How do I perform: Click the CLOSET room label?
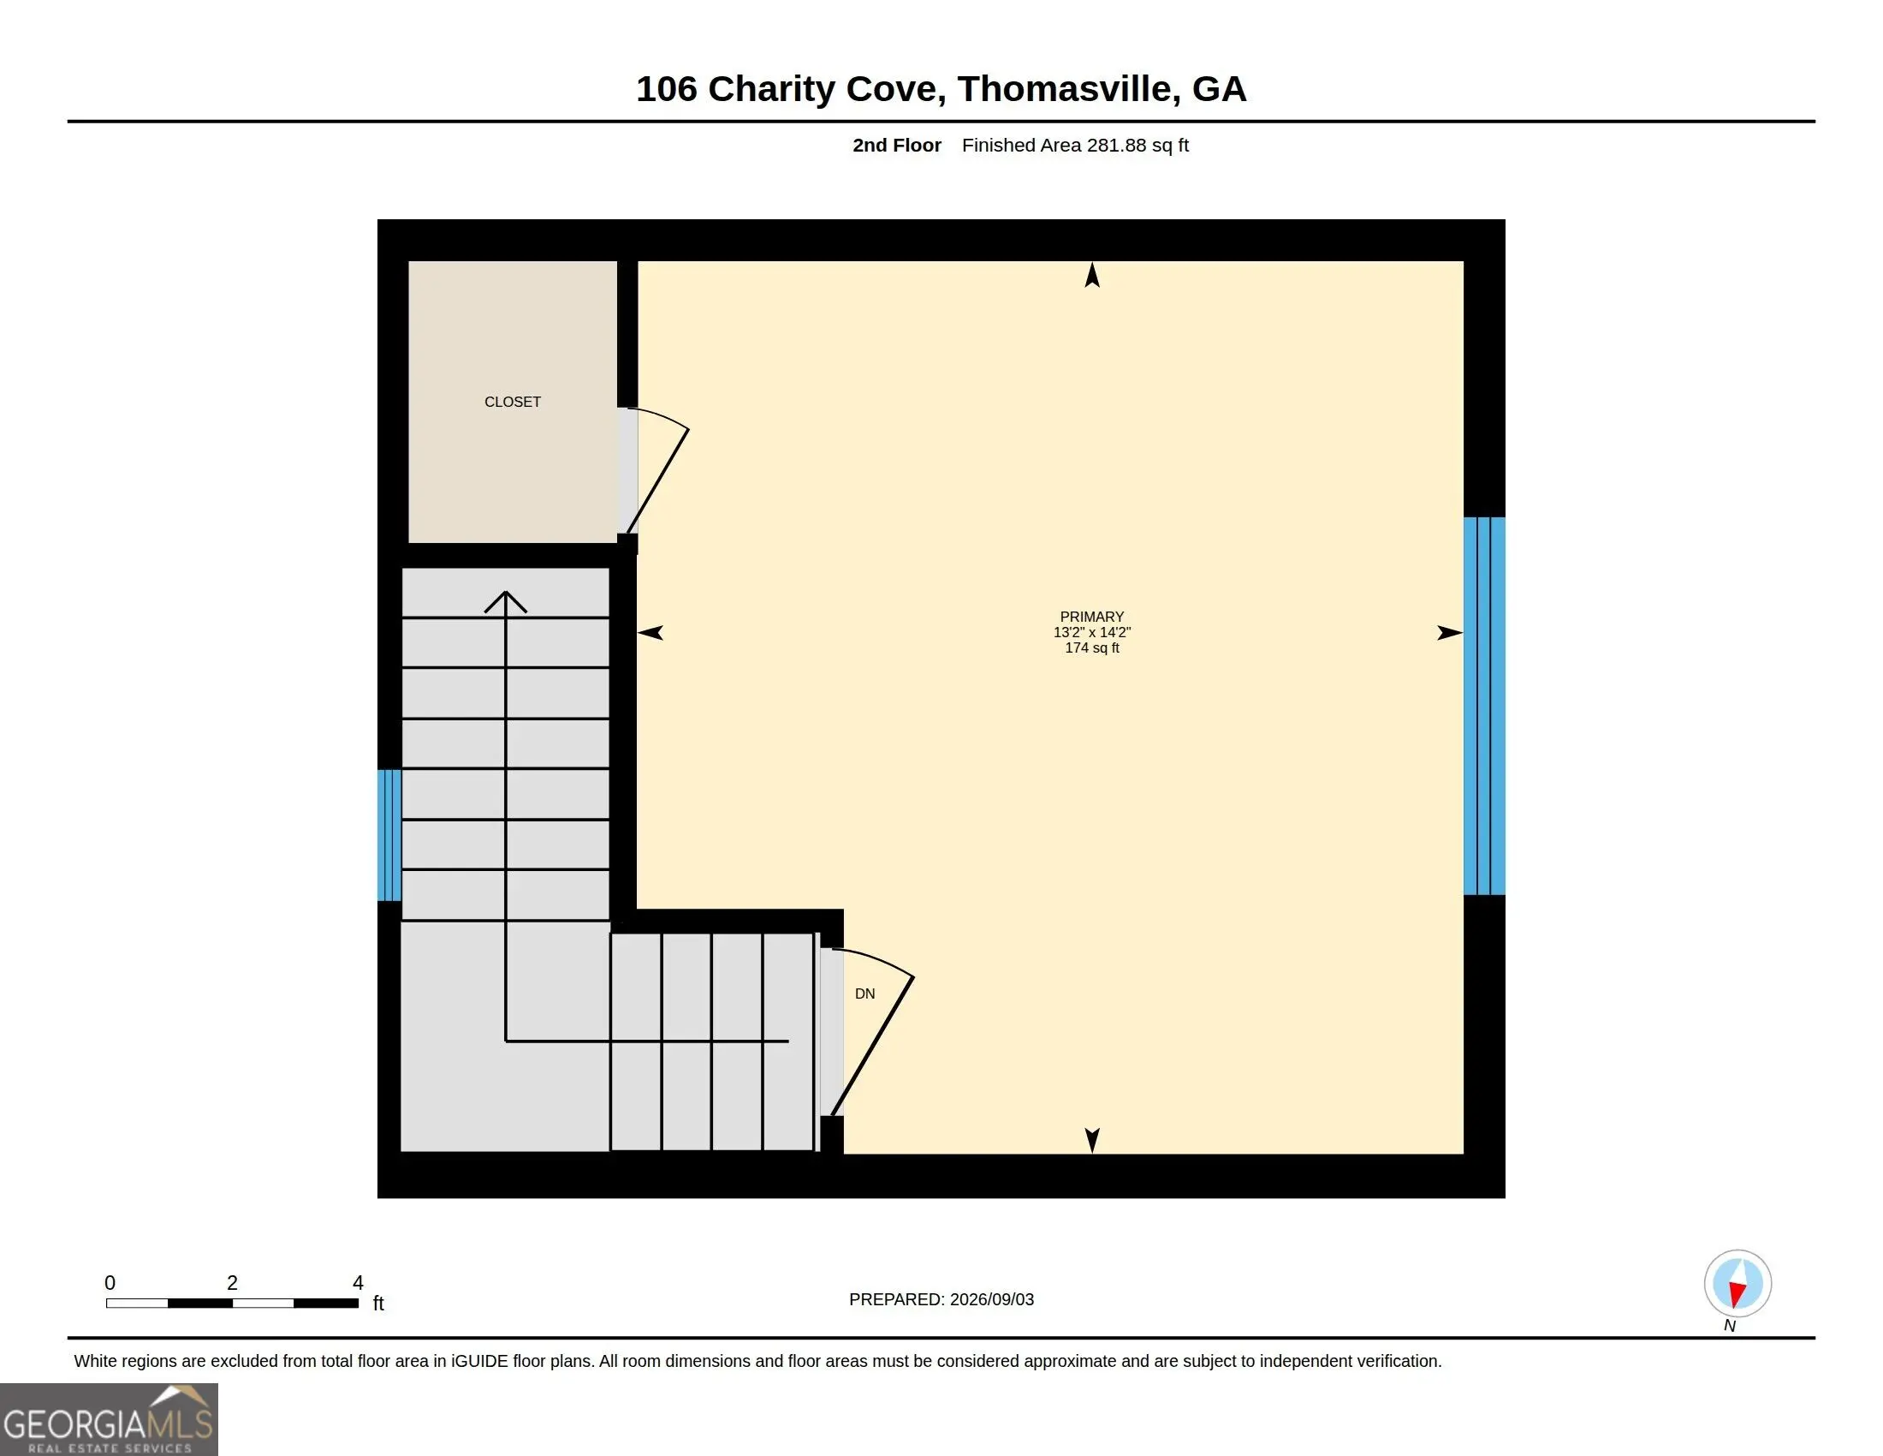pyautogui.click(x=512, y=402)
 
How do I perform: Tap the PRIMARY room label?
pyautogui.click(x=1091, y=617)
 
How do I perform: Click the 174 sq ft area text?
pyautogui.click(x=1091, y=647)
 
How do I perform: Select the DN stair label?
pyautogui.click(x=864, y=994)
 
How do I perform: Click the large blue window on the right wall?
pyautogui.click(x=1484, y=706)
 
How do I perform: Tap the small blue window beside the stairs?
pyautogui.click(x=389, y=835)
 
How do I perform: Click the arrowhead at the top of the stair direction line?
pyautogui.click(x=505, y=601)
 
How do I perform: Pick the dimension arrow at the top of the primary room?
pyautogui.click(x=1092, y=275)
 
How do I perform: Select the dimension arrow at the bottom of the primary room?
pyautogui.click(x=1092, y=1140)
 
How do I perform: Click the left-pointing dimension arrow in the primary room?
pyautogui.click(x=650, y=633)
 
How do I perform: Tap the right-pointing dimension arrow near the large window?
pyautogui.click(x=1450, y=633)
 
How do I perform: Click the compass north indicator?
pyautogui.click(x=1737, y=1291)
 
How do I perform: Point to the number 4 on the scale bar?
pyautogui.click(x=358, y=1283)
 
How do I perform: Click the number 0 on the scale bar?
pyautogui.click(x=110, y=1283)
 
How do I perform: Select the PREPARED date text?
pyautogui.click(x=941, y=1299)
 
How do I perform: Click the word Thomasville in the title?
pyautogui.click(x=1068, y=89)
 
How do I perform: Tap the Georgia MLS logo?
pyautogui.click(x=109, y=1419)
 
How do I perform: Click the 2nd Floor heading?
pyautogui.click(x=897, y=145)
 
